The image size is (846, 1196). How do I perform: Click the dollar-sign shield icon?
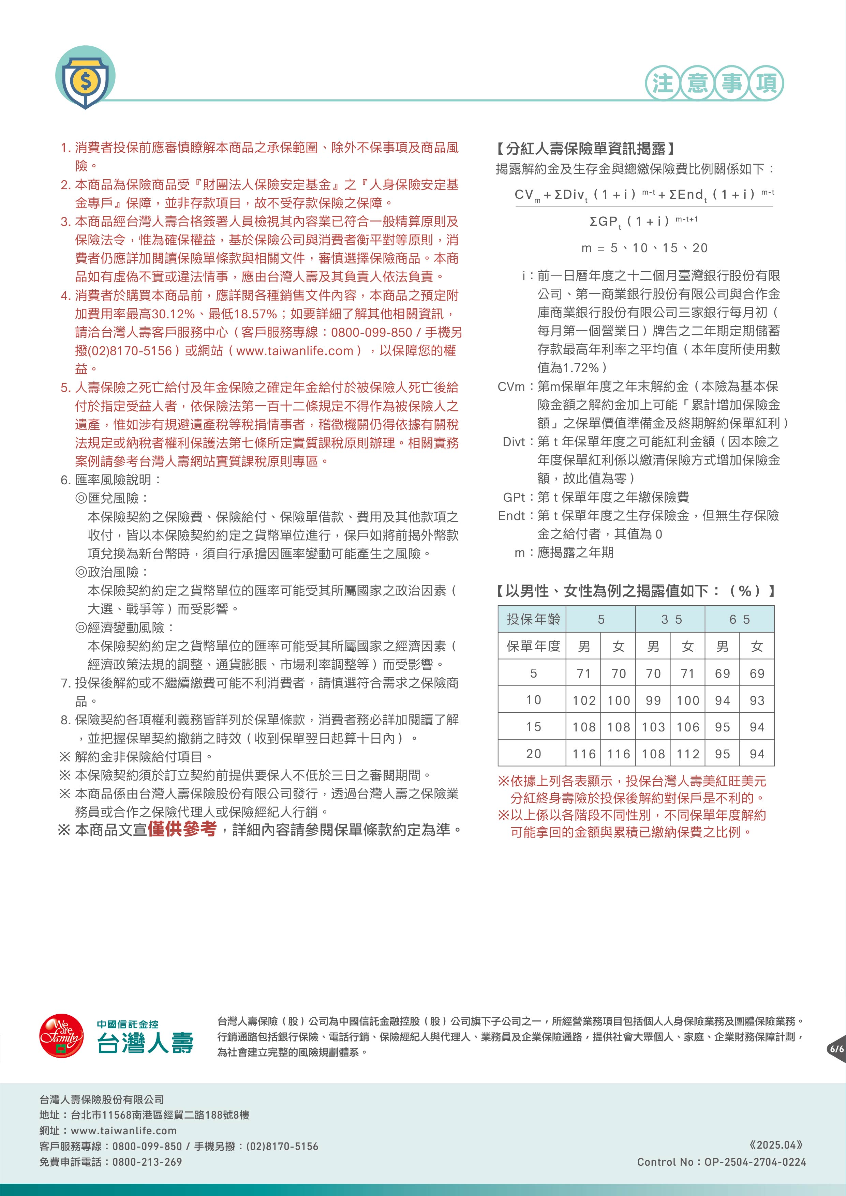(x=85, y=78)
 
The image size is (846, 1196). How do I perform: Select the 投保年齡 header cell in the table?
(x=532, y=619)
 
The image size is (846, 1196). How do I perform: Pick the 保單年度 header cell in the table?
(x=532, y=647)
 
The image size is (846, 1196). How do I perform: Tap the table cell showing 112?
(x=687, y=754)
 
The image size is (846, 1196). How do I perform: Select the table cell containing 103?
(x=653, y=727)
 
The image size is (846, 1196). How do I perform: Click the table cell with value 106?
(x=687, y=727)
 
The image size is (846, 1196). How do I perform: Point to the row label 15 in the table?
(x=533, y=727)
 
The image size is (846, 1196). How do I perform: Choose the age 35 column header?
(x=671, y=619)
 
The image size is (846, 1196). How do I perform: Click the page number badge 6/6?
(x=836, y=1048)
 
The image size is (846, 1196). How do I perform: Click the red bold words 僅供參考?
(x=182, y=829)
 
